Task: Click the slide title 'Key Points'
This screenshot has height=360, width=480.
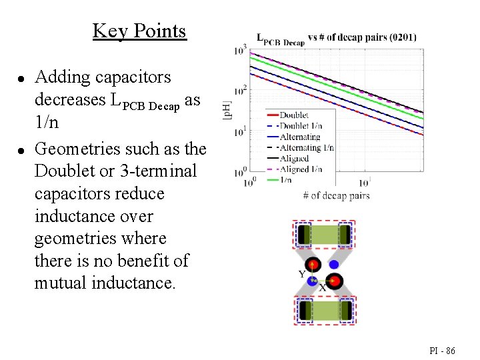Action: click(139, 31)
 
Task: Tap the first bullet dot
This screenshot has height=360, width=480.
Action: click(21, 78)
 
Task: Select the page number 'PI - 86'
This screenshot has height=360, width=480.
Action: click(443, 349)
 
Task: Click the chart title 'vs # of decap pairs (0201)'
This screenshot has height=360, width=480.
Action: click(362, 37)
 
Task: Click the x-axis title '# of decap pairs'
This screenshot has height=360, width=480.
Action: click(336, 195)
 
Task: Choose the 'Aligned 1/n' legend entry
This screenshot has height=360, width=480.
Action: click(301, 169)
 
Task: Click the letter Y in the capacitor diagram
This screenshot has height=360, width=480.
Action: click(302, 274)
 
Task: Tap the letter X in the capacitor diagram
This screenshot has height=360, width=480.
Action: click(323, 287)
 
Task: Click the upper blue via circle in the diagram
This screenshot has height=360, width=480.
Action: click(334, 264)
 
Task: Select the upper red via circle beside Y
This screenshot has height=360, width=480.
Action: click(313, 264)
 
